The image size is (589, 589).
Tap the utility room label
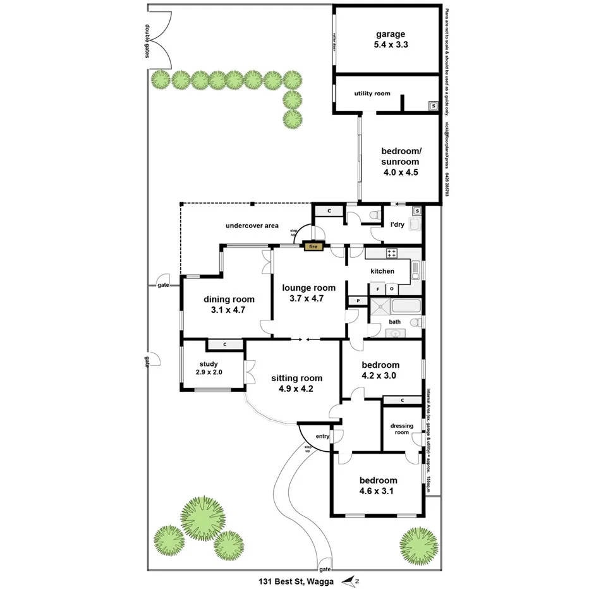tap(372, 94)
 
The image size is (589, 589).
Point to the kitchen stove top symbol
tap(391, 253)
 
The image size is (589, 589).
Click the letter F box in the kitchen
tap(378, 289)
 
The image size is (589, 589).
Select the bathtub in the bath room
tap(408, 307)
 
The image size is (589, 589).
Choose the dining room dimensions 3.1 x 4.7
tap(228, 310)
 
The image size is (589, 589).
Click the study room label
tap(209, 364)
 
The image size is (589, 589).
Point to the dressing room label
tap(401, 429)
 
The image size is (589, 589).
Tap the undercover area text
tap(252, 225)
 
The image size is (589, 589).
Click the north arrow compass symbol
tap(349, 580)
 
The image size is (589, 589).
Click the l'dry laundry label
tap(397, 224)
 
